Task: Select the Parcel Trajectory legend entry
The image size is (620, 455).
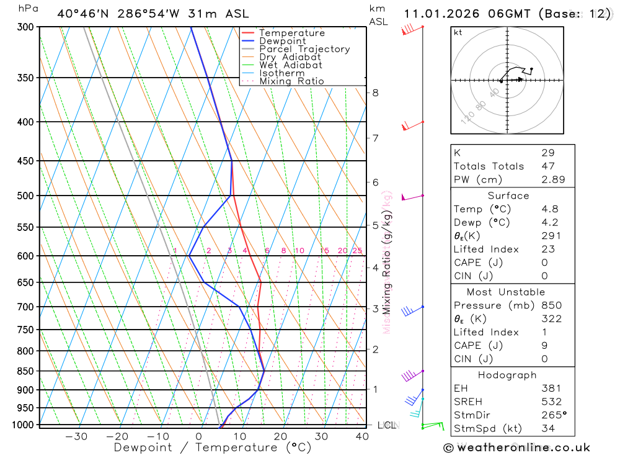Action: tap(304, 49)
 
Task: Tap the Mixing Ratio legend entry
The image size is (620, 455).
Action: tap(291, 81)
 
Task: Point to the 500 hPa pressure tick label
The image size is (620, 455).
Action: tap(24, 196)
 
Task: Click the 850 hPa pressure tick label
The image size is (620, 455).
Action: tap(24, 371)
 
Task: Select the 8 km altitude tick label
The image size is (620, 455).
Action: tap(375, 93)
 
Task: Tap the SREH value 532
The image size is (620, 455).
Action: tap(551, 402)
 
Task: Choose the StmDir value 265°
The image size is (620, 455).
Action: tap(553, 415)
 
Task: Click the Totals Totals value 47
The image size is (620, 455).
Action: tap(547, 166)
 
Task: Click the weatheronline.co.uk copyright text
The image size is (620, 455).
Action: tap(516, 448)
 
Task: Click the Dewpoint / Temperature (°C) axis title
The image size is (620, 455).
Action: tap(213, 448)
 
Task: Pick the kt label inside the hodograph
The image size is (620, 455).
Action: tap(458, 33)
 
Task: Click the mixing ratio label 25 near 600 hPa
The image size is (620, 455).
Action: tap(357, 251)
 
